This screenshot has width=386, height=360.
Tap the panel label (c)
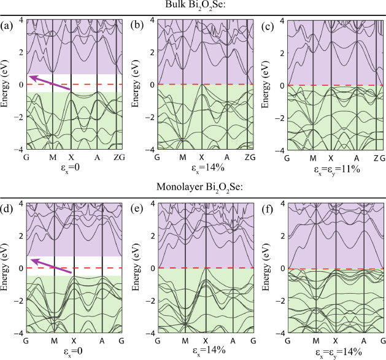(x=268, y=26)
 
